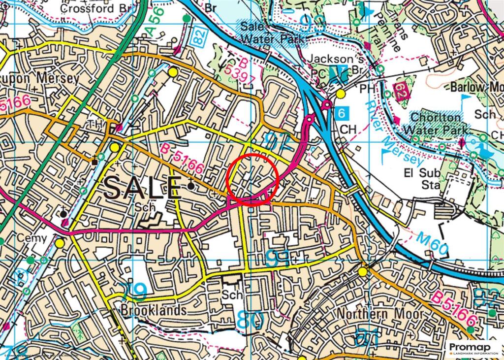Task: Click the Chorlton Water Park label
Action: click(436, 124)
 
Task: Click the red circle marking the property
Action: click(252, 178)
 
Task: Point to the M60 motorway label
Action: click(433, 245)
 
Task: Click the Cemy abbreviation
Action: click(31, 238)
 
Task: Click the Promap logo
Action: click(473, 348)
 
